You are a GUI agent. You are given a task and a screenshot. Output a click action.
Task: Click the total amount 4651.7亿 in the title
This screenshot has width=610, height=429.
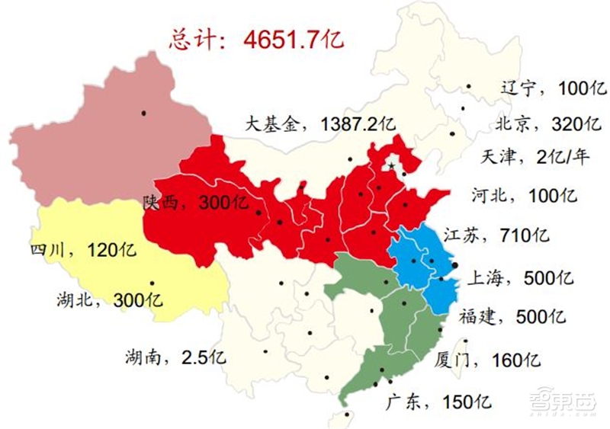click(x=294, y=39)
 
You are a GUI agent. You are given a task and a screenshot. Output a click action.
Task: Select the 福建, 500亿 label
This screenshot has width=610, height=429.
click(x=512, y=315)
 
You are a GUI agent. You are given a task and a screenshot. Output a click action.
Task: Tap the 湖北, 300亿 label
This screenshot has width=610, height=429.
click(x=109, y=299)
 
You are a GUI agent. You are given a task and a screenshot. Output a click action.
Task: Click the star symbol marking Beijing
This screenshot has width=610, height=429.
click(x=391, y=165)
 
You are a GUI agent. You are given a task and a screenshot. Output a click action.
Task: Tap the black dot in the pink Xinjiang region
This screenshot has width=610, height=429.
click(x=143, y=114)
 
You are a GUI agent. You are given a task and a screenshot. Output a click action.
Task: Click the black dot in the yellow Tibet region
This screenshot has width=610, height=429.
click(x=152, y=283)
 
